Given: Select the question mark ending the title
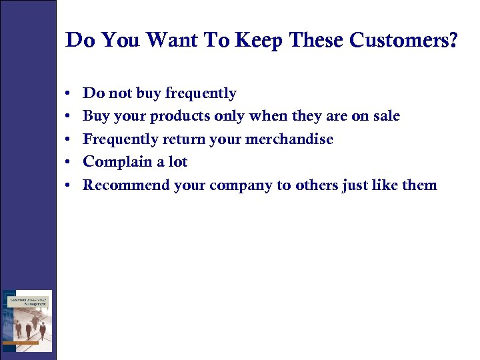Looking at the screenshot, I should pyautogui.click(x=453, y=41).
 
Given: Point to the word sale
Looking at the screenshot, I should pyautogui.click(x=385, y=116).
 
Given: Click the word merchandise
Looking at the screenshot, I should pyautogui.click(x=293, y=139).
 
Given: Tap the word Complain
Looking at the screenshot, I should pyautogui.click(x=117, y=162).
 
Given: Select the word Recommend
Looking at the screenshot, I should pyautogui.click(x=126, y=185).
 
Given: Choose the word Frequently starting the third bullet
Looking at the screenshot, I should pyautogui.click(x=123, y=139).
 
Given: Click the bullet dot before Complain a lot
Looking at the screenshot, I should pyautogui.click(x=70, y=163).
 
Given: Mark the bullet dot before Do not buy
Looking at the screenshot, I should pyautogui.click(x=70, y=94).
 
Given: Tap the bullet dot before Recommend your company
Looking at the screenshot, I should pyautogui.click(x=70, y=185).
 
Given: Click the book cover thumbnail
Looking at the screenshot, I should pyautogui.click(x=27, y=321).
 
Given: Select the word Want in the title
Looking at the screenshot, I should pyautogui.click(x=171, y=41).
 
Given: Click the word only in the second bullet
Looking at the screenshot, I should pyautogui.click(x=230, y=117).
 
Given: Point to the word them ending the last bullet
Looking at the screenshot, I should pyautogui.click(x=419, y=185).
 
